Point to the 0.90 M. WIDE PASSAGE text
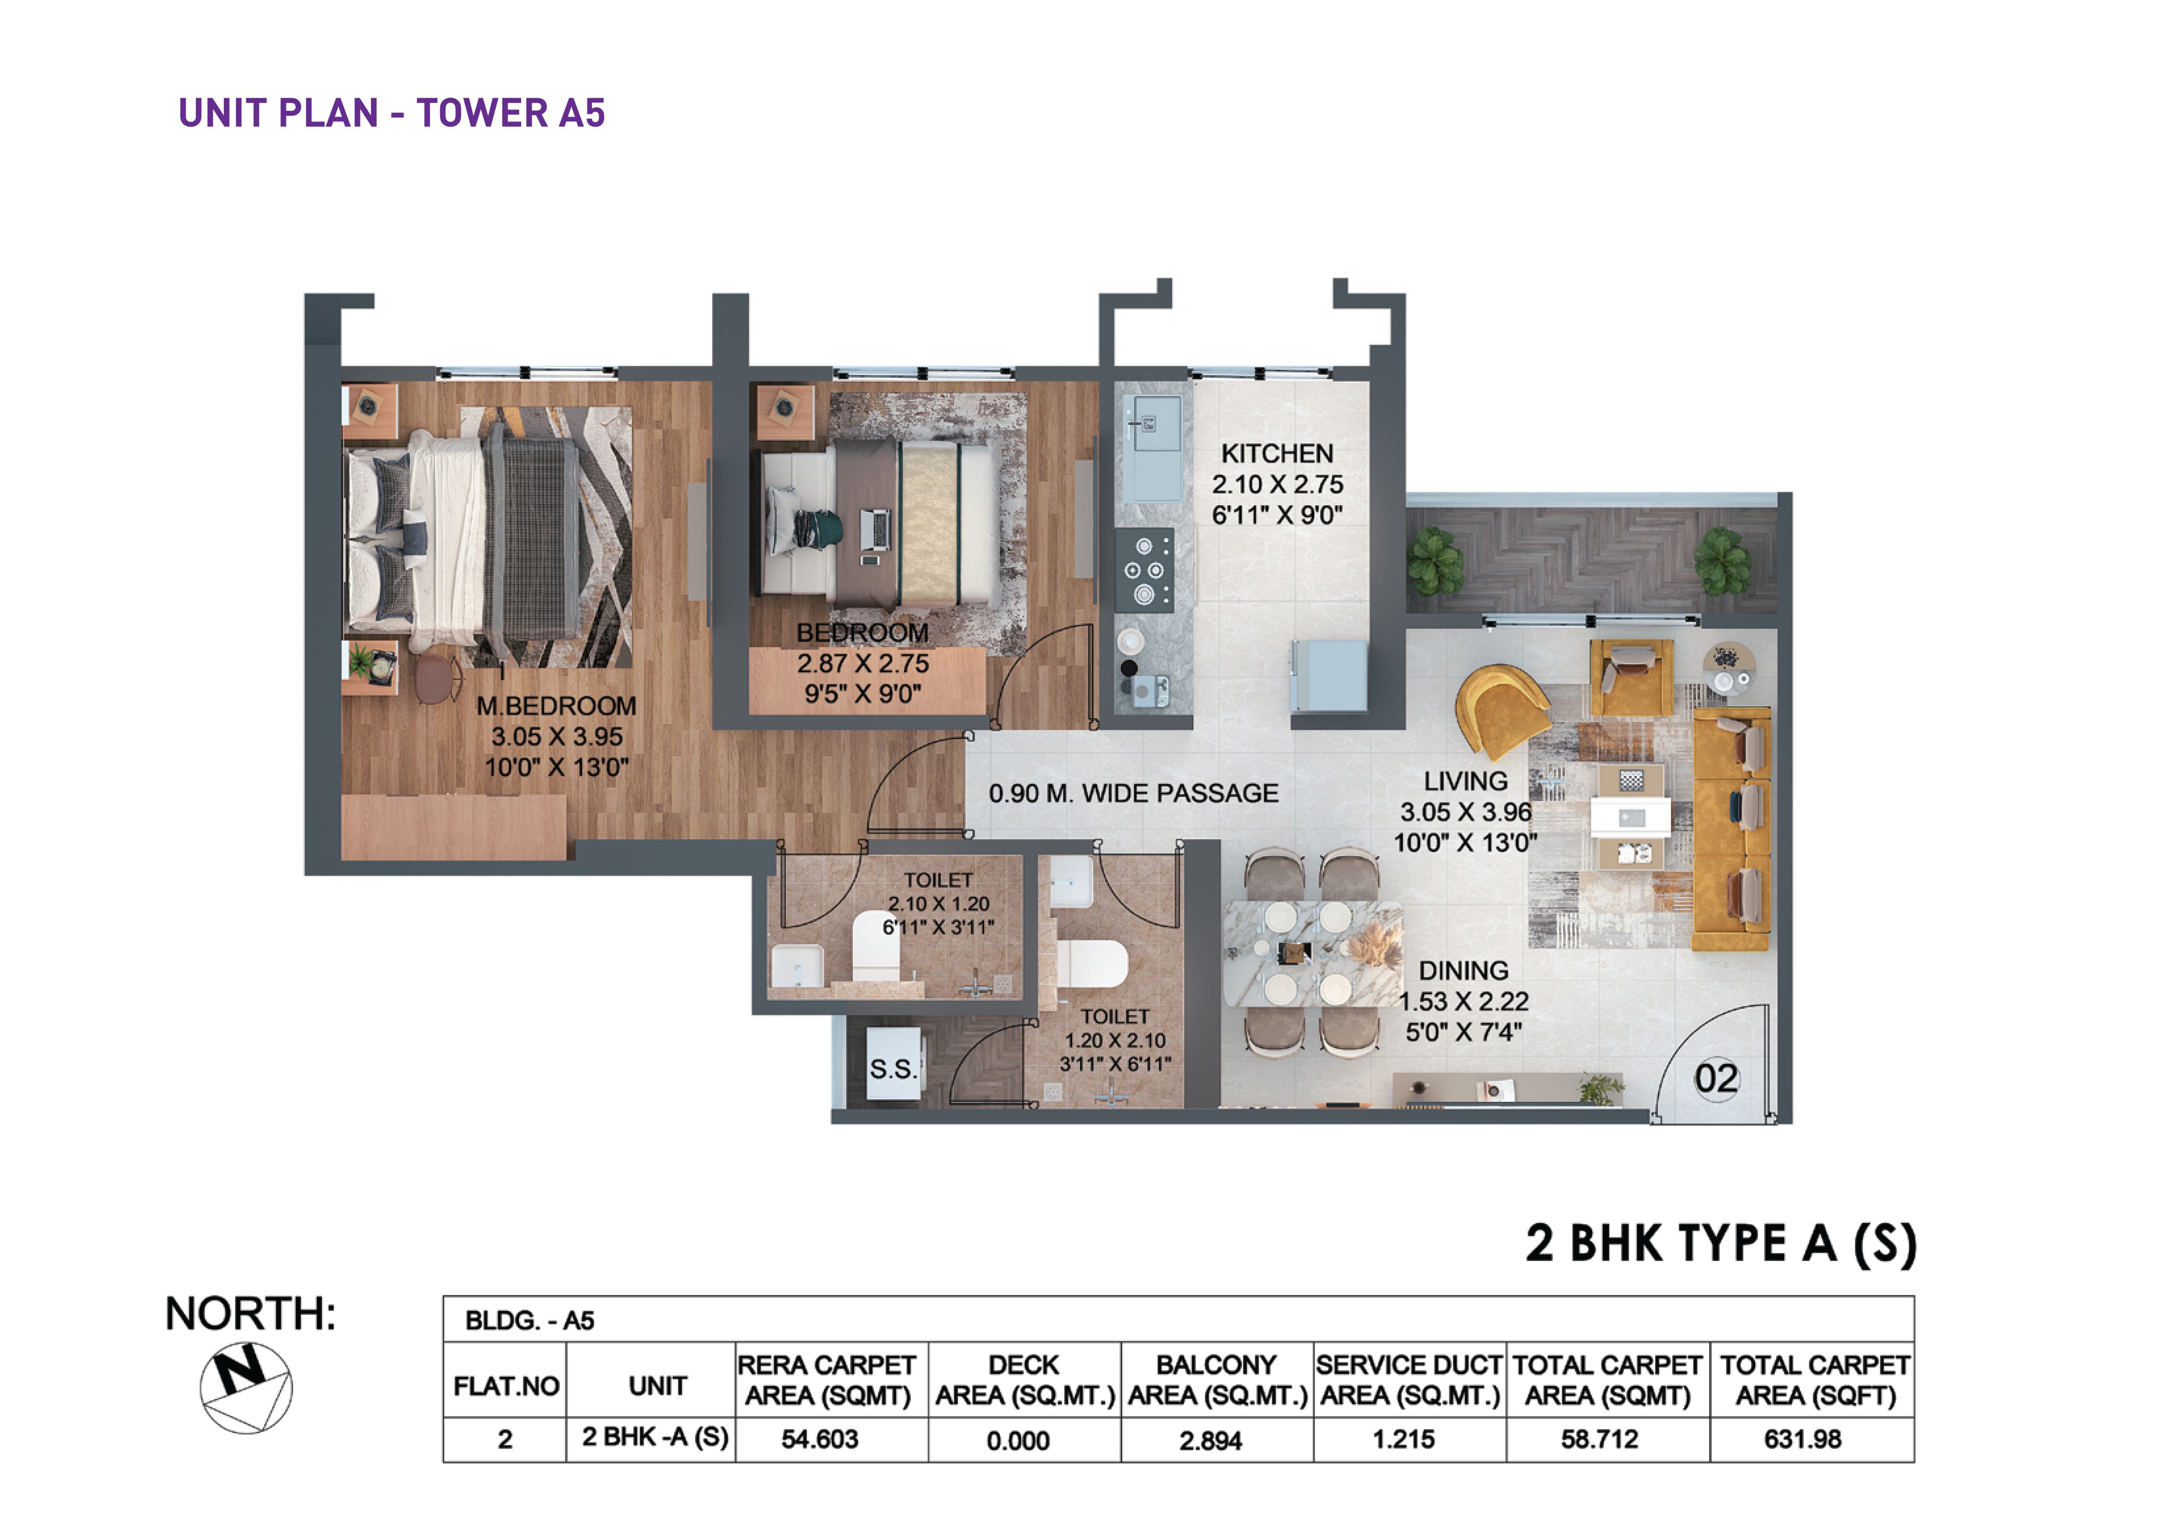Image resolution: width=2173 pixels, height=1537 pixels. (1133, 793)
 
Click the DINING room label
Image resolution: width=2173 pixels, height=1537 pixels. (1463, 971)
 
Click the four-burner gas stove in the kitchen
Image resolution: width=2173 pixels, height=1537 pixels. (1144, 570)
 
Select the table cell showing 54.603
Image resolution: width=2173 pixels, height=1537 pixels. (820, 1440)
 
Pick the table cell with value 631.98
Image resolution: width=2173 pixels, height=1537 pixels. (1802, 1440)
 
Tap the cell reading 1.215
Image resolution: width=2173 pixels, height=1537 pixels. (1403, 1440)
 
